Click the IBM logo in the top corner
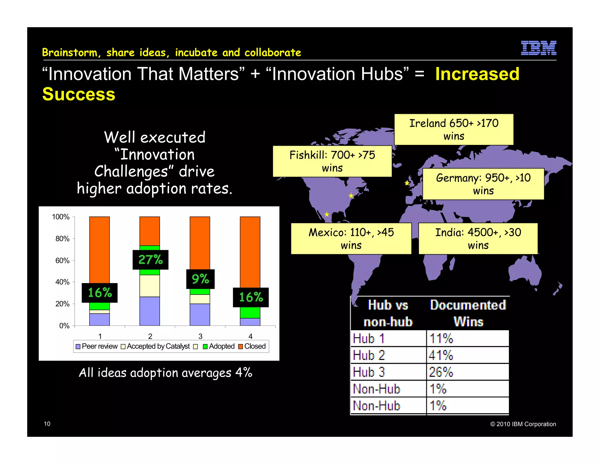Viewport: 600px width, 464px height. tap(538, 48)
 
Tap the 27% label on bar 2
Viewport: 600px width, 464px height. tap(150, 260)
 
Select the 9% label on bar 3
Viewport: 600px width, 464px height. tap(200, 279)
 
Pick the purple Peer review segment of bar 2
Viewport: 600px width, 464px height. tap(150, 311)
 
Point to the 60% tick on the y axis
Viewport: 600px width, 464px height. tap(62, 260)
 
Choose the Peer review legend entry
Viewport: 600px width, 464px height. tap(97, 346)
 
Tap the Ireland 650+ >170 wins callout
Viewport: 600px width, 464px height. tap(454, 129)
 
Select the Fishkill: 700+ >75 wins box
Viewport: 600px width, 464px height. tap(332, 161)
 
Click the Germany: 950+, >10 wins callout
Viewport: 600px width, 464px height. tap(483, 184)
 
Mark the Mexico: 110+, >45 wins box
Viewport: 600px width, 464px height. tap(351, 238)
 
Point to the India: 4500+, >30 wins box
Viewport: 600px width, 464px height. tap(478, 238)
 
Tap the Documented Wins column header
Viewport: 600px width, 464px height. tap(468, 313)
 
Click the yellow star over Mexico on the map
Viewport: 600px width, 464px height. tap(327, 214)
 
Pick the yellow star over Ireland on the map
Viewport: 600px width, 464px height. tap(407, 183)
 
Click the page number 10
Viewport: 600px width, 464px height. tap(47, 424)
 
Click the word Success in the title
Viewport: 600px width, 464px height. tap(79, 94)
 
